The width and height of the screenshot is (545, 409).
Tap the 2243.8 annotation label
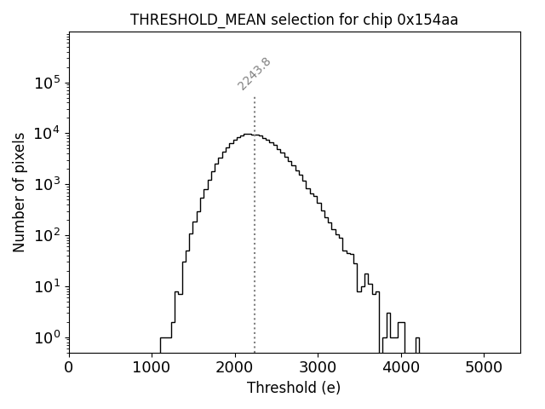[x=254, y=74]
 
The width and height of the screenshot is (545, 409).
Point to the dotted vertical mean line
[x=255, y=256]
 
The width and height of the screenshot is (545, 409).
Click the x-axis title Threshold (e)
[x=294, y=388]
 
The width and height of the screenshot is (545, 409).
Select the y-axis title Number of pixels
[x=19, y=192]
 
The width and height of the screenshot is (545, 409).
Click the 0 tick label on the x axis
[x=69, y=367]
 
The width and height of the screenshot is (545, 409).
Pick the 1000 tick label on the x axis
[x=152, y=367]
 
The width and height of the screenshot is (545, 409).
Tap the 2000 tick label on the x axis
[x=235, y=367]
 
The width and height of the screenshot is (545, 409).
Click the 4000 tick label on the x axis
[x=401, y=367]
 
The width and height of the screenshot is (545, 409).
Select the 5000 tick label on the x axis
[x=484, y=367]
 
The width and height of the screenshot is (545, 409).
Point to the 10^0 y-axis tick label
[x=47, y=337]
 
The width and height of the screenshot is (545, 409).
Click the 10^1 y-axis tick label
[x=47, y=285]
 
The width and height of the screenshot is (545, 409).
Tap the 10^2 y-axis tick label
[x=47, y=235]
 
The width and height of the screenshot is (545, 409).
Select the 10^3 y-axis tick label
[x=47, y=184]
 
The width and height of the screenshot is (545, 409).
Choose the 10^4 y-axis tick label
[x=47, y=133]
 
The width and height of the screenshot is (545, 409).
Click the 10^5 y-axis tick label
[x=47, y=83]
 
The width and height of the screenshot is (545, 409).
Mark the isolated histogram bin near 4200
[x=417, y=343]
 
